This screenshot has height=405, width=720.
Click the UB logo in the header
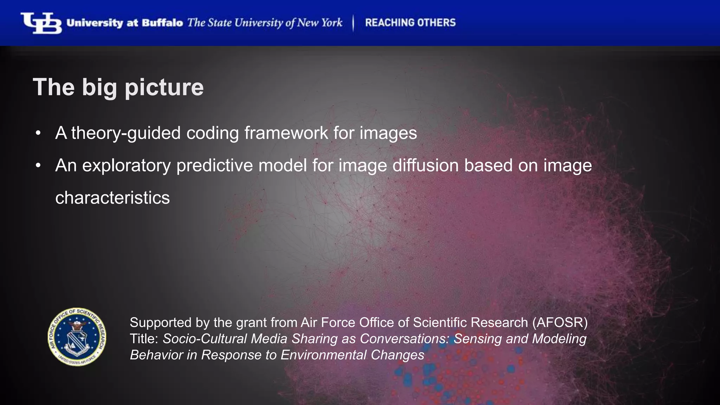[41, 23]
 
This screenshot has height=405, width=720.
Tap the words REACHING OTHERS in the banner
[410, 23]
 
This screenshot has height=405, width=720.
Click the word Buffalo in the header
[162, 23]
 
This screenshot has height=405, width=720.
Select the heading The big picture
[118, 87]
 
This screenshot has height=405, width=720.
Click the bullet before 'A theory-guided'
[38, 133]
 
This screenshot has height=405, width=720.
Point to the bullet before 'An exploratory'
[38, 166]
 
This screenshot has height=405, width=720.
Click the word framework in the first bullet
[286, 133]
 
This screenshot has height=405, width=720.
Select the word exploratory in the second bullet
[127, 166]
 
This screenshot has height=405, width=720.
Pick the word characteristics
[112, 198]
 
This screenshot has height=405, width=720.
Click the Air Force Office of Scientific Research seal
[77, 337]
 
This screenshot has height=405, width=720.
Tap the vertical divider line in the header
[353, 23]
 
